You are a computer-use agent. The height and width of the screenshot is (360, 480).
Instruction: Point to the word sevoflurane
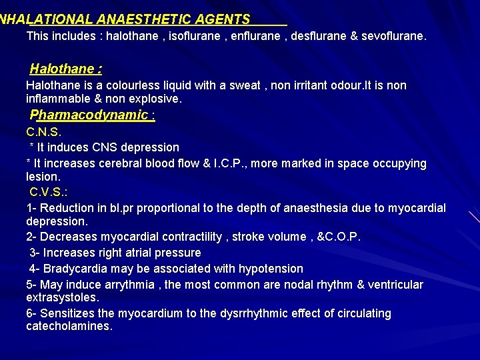392,36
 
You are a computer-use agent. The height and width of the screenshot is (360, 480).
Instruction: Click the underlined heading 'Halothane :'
65,69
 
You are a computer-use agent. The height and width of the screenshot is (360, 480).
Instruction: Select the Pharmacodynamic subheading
92,115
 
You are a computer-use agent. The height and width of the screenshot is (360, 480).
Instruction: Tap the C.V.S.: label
49,192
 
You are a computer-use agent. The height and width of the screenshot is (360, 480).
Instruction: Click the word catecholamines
69,326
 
